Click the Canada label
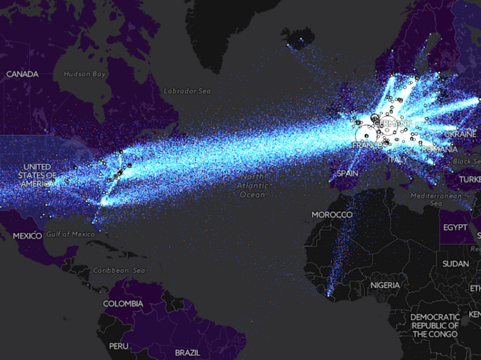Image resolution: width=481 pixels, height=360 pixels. [22, 74]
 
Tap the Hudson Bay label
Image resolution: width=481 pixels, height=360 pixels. [85, 74]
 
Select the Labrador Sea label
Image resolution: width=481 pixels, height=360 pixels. [187, 91]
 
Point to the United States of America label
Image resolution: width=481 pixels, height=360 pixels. [37, 175]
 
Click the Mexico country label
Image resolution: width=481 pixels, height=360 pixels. [27, 236]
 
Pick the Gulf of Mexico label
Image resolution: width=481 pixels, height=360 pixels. [70, 234]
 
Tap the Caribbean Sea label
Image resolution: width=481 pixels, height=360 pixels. [119, 271]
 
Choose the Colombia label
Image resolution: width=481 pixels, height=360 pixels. [123, 303]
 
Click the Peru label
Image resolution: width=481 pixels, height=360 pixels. [118, 346]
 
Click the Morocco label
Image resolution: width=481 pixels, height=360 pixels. [332, 215]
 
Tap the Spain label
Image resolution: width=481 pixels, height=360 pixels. [347, 174]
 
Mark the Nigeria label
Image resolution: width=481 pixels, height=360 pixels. [385, 284]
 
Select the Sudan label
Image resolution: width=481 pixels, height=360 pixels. [455, 264]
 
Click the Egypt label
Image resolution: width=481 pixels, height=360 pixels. [455, 227]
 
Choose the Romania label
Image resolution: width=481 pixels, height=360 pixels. [440, 148]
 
